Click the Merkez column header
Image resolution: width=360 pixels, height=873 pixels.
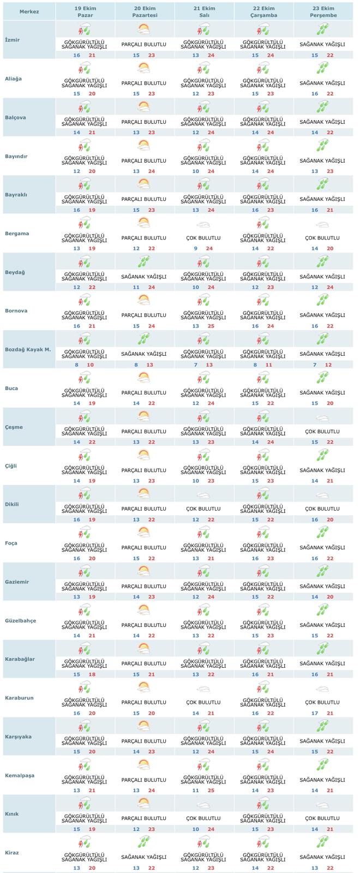click(29, 11)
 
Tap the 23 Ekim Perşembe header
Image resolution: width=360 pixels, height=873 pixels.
click(323, 11)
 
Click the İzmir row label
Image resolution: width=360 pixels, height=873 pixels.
click(13, 40)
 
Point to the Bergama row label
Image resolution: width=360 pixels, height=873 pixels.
click(17, 234)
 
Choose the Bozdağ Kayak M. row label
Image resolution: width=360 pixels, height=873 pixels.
click(28, 349)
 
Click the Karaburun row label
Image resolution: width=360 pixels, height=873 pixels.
click(19, 698)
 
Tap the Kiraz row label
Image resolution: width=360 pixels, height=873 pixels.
click(13, 852)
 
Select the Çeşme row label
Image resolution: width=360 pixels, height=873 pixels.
click(14, 427)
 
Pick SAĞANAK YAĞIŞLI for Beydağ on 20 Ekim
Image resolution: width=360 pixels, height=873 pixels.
click(144, 277)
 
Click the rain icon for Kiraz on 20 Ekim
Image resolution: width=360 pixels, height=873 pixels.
click(144, 842)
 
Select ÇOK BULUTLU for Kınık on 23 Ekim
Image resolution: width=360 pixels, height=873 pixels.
click(323, 818)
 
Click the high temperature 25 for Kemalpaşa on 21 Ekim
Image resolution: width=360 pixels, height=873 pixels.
click(211, 791)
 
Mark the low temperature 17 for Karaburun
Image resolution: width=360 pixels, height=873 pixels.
click(315, 713)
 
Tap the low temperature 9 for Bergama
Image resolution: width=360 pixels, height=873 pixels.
click(196, 249)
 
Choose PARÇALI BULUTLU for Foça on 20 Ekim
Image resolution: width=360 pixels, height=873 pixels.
click(144, 547)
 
